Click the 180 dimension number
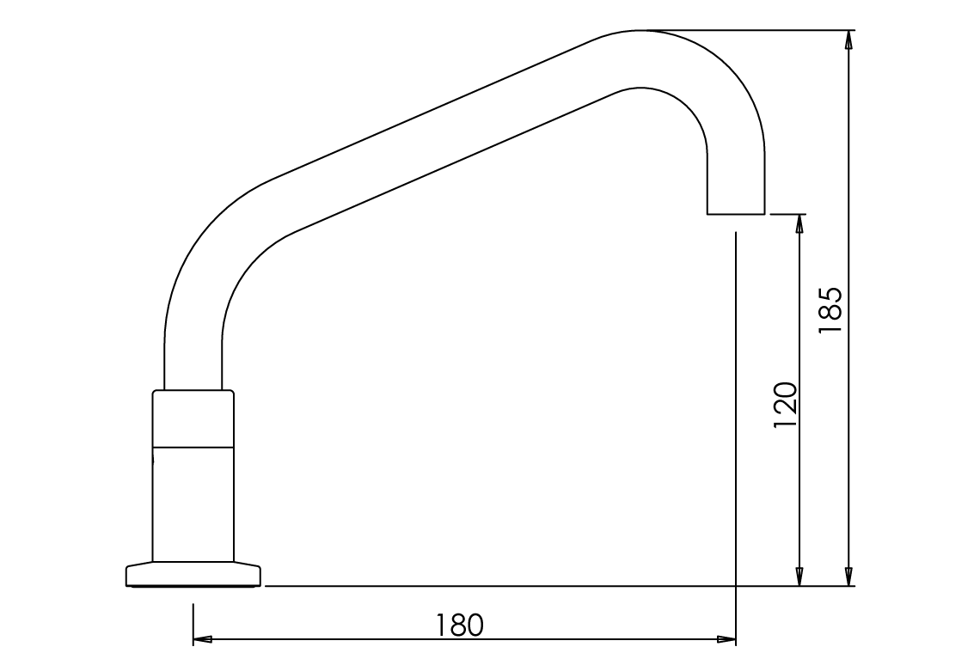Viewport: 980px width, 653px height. coord(460,625)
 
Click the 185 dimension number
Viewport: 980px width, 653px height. coord(831,310)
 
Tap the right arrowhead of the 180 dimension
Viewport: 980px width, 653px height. coord(727,639)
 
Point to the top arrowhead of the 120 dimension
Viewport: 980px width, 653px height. coord(799,223)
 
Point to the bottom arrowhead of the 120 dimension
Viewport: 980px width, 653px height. coord(799,577)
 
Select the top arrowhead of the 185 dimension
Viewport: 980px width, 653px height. coord(849,40)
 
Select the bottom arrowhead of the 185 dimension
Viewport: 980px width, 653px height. coord(849,577)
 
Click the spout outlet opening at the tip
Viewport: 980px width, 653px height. coord(735,212)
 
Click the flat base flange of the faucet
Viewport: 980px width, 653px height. coord(193,575)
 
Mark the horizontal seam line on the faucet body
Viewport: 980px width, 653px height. coord(193,447)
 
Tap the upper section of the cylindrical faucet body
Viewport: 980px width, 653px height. coord(193,419)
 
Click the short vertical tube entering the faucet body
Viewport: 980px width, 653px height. coord(193,365)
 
